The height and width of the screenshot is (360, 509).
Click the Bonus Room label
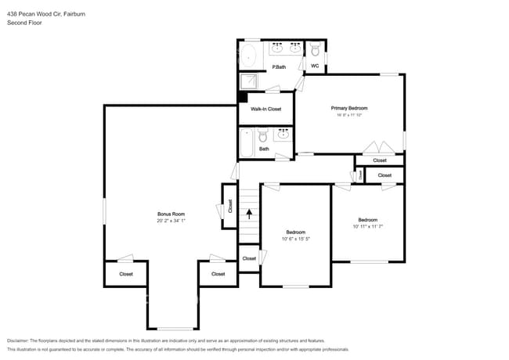(x=170, y=214)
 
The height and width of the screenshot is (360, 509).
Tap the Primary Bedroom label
(x=349, y=108)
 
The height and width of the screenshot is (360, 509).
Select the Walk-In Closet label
(x=265, y=109)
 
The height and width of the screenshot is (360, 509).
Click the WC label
(x=314, y=67)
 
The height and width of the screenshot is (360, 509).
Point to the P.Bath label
(x=277, y=67)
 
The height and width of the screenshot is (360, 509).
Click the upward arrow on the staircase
(x=249, y=211)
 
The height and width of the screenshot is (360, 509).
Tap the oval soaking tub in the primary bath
(x=249, y=56)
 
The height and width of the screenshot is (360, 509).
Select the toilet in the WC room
(x=315, y=51)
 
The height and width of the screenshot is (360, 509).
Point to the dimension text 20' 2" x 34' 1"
(x=170, y=221)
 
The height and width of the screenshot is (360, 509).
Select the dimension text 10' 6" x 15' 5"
(x=295, y=239)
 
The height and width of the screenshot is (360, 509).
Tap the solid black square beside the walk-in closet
(x=243, y=98)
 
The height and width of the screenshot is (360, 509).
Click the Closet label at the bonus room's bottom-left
(x=126, y=274)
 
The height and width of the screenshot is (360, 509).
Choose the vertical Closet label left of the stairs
(x=230, y=207)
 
